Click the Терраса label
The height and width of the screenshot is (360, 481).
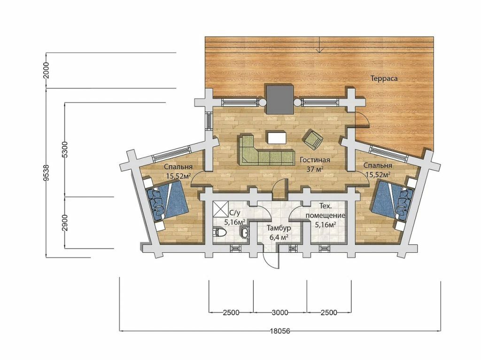tap(384, 78)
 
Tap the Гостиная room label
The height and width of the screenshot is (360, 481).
tap(315, 160)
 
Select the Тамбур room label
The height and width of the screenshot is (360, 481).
tap(279, 228)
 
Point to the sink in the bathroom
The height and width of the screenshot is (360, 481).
tap(245, 233)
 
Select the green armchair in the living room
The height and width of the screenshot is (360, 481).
tap(313, 139)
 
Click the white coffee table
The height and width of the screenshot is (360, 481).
tap(276, 138)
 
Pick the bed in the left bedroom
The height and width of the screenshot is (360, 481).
tap(167, 201)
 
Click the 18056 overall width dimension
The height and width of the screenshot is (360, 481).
tap(280, 331)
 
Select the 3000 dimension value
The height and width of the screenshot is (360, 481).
tap(280, 313)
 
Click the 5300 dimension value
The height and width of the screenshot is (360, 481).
tap(65, 149)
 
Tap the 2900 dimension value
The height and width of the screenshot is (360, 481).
tap(65, 222)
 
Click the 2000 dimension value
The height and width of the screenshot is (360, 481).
tap(46, 70)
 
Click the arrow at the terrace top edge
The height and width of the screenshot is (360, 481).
tap(319, 45)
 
